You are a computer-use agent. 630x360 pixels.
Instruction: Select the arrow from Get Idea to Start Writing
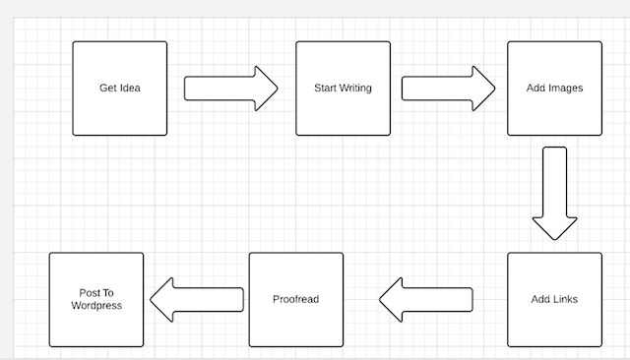click(231, 88)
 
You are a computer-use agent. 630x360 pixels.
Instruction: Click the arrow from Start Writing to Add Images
click(448, 88)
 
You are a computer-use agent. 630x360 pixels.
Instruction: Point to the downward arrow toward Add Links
click(555, 194)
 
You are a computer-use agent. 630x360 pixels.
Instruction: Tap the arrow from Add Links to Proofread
click(425, 299)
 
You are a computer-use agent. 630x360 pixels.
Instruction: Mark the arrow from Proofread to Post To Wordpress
click(196, 299)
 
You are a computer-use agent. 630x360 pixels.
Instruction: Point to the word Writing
click(355, 89)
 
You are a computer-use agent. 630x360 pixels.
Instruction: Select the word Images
click(566, 89)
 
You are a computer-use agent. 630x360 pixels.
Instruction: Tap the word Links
click(565, 299)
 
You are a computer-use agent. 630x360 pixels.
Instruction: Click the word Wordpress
click(96, 306)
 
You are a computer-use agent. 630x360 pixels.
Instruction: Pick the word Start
click(325, 89)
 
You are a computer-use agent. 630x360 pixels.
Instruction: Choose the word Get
click(108, 89)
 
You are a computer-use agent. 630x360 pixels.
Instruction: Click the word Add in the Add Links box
click(540, 299)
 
